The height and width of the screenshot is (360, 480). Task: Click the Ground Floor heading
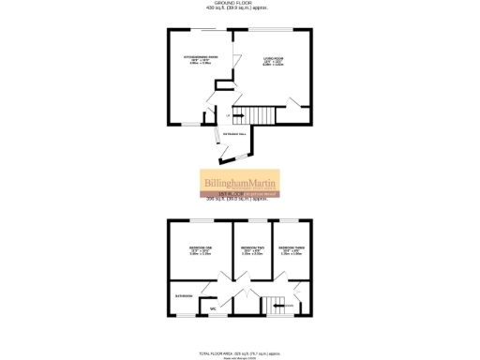click(x=239, y=5)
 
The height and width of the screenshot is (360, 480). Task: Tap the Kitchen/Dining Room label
click(x=199, y=62)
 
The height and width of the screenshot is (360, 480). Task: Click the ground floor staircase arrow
click(x=237, y=115)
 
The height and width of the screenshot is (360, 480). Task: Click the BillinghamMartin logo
click(x=240, y=182)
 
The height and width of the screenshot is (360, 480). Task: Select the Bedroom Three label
click(x=292, y=250)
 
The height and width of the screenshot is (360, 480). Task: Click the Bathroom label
click(x=183, y=297)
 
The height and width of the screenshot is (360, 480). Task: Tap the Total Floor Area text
click(x=240, y=352)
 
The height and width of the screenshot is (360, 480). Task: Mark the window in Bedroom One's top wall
click(x=197, y=220)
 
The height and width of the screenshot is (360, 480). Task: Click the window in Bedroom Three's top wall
click(x=290, y=220)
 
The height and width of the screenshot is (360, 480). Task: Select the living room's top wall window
click(x=276, y=31)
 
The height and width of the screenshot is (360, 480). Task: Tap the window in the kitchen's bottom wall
click(x=190, y=124)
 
